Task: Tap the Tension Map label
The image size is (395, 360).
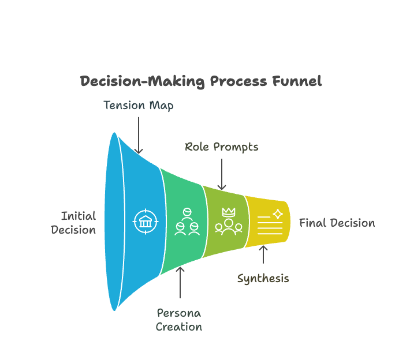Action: [x=138, y=106]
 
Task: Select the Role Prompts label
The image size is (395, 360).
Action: [x=222, y=147]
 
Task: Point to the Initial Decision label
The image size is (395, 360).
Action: [x=73, y=223]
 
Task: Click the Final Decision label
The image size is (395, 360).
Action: [x=337, y=223]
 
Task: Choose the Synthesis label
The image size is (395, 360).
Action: [x=263, y=279]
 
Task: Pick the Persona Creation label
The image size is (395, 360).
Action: [x=180, y=320]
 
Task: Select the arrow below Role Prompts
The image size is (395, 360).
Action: [x=222, y=174]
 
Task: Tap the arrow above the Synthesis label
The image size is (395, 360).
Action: [x=264, y=255]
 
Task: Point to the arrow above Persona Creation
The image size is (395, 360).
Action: [x=180, y=283]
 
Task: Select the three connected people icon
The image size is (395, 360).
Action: [x=187, y=222]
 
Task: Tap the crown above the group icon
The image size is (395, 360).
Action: [x=229, y=212]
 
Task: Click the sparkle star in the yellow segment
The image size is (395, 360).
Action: [x=278, y=214]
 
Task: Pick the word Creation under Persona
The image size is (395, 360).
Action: [x=180, y=327]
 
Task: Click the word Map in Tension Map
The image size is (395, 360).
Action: [x=161, y=106]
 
